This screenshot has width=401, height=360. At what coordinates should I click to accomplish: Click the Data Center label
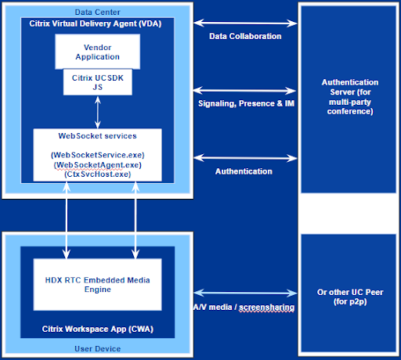pos(97,12)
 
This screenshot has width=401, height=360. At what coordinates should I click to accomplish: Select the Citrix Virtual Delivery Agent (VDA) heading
pos(97,23)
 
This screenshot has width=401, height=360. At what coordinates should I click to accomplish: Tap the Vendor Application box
pos(97,52)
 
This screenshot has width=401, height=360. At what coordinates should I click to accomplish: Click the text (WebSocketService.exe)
pos(97,155)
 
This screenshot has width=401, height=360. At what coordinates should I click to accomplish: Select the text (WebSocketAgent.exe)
pos(97,165)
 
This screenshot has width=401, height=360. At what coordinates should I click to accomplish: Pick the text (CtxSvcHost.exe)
pos(97,175)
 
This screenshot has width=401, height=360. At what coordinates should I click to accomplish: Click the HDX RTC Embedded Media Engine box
pos(97,283)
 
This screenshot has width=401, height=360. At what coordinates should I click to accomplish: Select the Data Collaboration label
pos(244,37)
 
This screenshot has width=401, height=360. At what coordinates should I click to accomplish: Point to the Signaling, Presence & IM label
pos(244,103)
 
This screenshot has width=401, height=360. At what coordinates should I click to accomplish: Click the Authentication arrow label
pos(244,171)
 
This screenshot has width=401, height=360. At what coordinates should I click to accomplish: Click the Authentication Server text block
pos(350,96)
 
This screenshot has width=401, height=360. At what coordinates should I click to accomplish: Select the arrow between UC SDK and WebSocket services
pos(97,112)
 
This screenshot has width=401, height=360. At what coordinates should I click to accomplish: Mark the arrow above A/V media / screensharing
pos(244,292)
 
